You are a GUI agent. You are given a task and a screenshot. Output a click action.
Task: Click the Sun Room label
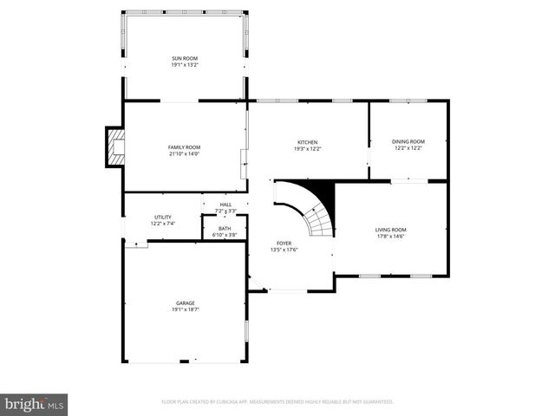point(185,58)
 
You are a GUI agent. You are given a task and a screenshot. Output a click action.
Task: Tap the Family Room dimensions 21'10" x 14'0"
point(184,154)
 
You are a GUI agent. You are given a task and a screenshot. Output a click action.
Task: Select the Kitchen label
point(308,142)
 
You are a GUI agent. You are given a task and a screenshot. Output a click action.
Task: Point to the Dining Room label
point(408,141)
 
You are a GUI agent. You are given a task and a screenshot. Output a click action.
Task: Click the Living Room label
point(390,230)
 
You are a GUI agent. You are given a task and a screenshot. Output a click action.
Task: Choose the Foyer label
point(284,244)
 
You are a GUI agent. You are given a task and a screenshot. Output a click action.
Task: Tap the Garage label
point(185,302)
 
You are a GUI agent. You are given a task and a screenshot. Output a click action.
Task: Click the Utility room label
point(163,217)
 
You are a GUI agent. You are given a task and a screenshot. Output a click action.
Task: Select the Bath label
point(225,228)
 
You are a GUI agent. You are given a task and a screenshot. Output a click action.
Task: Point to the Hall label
point(225,205)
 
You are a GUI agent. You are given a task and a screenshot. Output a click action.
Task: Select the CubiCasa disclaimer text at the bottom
point(277,402)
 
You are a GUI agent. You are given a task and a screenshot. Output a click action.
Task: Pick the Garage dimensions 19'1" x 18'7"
point(185,309)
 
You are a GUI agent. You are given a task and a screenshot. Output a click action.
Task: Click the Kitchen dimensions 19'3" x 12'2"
point(308,148)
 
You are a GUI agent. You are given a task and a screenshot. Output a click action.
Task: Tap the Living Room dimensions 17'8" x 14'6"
point(390,236)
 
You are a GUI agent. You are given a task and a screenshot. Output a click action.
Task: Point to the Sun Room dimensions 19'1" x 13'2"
point(185,64)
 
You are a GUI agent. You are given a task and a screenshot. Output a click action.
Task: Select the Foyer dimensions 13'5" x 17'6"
point(284,250)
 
